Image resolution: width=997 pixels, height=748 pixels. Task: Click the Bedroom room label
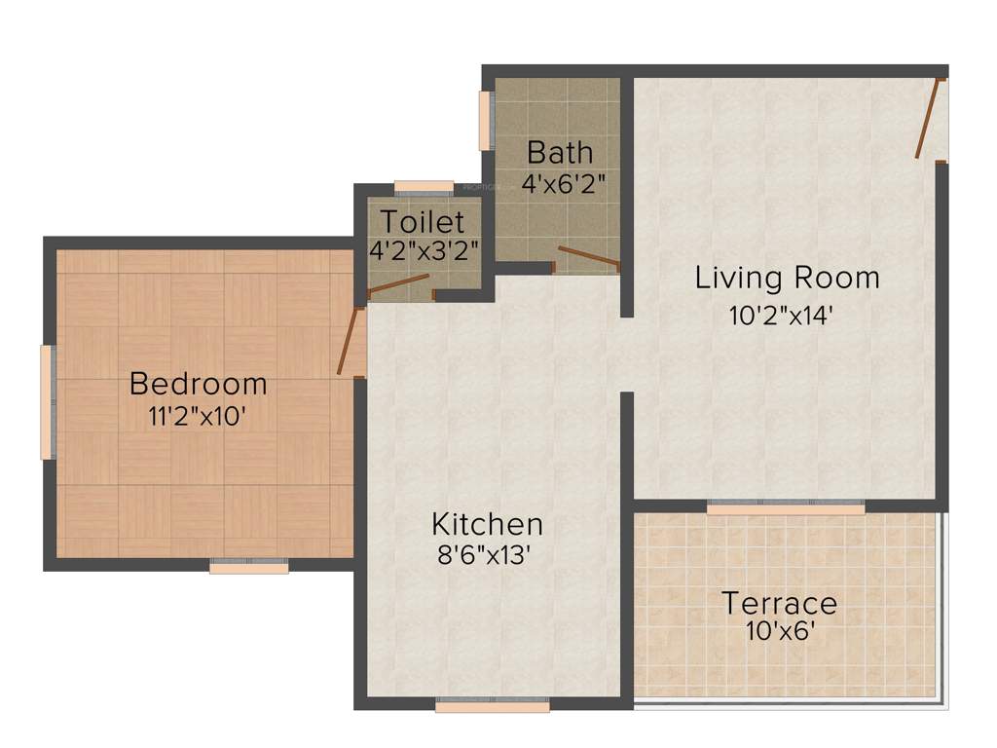(198, 384)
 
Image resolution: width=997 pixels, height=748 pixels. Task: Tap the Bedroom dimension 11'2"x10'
(198, 415)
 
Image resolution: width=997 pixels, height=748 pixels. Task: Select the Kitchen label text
(487, 524)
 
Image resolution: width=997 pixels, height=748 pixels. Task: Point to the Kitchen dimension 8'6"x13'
(487, 555)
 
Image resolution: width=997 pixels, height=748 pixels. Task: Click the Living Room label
(787, 278)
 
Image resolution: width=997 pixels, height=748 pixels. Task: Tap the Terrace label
(779, 603)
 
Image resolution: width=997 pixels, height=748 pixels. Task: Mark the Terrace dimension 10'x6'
(779, 631)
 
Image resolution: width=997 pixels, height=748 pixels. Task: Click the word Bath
(559, 152)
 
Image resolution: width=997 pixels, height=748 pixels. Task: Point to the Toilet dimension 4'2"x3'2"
(424, 249)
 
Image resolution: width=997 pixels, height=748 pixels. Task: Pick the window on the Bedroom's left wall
(45, 401)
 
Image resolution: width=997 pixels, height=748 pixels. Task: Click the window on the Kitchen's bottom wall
(492, 705)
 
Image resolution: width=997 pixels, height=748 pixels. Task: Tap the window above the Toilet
(424, 186)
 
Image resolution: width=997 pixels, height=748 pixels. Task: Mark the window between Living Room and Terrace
(786, 507)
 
